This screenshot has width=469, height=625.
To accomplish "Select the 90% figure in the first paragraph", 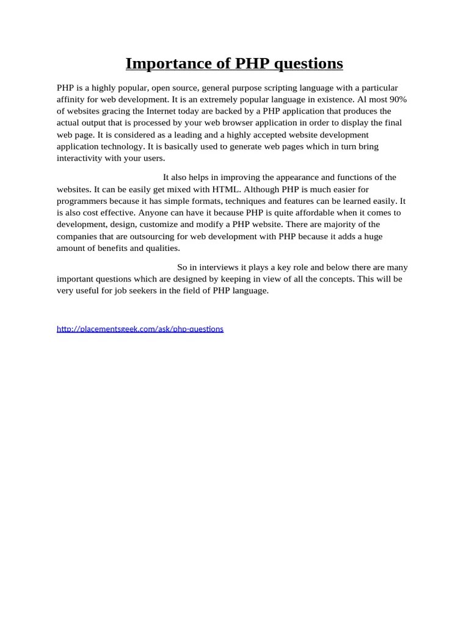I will click(396, 99).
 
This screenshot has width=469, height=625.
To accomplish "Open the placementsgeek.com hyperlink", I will click(140, 329).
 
